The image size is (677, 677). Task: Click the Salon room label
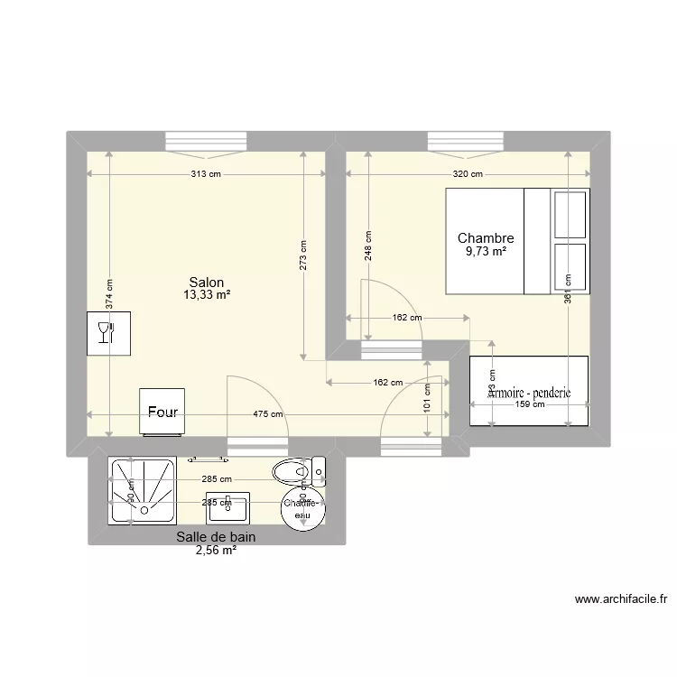point(207,283)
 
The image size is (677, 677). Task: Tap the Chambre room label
point(486,238)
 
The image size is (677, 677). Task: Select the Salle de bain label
point(216,536)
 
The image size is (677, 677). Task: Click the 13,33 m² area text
point(207,295)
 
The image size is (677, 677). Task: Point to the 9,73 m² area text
point(486,252)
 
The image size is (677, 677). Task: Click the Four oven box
point(162,412)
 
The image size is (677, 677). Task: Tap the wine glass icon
point(108,333)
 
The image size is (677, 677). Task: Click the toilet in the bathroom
point(296,469)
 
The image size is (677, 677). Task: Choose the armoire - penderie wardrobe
point(529,389)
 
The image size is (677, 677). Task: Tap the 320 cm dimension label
point(468,175)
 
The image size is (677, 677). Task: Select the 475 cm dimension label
point(268,414)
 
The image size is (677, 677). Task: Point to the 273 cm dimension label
point(304,254)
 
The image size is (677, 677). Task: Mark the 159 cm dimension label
point(530,404)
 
